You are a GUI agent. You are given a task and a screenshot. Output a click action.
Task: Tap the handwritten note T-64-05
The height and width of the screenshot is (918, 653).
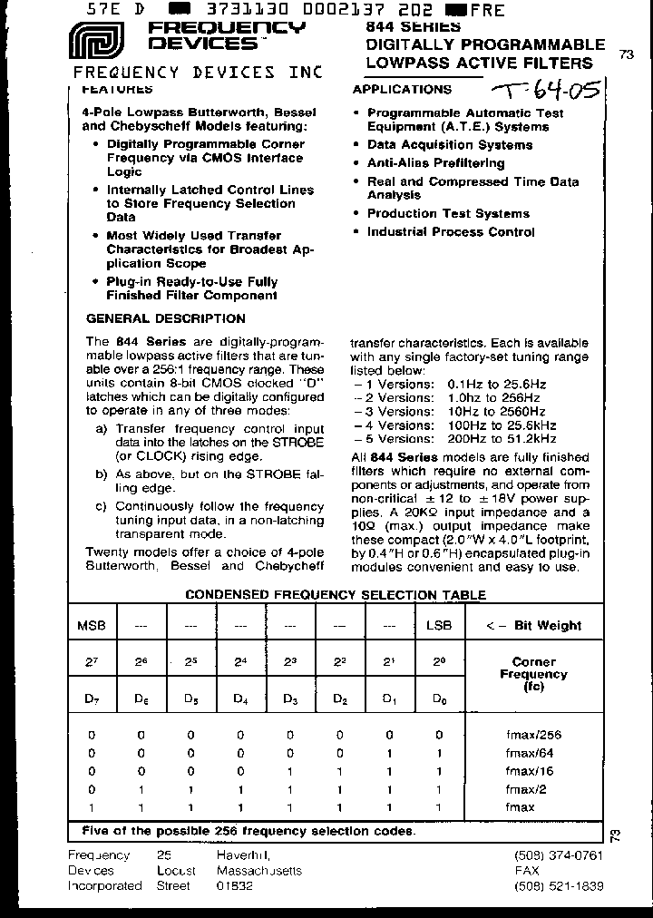coord(543,91)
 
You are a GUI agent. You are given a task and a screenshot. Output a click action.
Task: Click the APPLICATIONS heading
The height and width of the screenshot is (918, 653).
coord(401,89)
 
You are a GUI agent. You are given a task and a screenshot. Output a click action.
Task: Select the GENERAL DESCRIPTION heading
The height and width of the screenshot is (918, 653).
coord(165,318)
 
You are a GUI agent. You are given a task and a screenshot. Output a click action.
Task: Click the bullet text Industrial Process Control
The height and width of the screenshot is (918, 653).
coord(450,231)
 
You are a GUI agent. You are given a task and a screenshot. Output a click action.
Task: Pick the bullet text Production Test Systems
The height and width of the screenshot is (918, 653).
coord(447,213)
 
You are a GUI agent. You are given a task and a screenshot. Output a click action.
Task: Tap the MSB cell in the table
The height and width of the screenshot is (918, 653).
coord(92,626)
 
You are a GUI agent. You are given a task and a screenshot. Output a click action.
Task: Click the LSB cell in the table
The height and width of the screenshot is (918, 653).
coord(439,626)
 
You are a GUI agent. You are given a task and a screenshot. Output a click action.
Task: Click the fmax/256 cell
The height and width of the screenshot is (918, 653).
coord(533,735)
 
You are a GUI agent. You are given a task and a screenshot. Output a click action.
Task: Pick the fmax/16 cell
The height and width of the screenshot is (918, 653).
coord(533,771)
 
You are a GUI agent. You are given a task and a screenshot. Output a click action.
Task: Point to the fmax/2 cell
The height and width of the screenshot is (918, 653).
coord(533,789)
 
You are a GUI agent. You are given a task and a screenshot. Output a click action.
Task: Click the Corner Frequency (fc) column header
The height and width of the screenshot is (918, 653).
coord(533,675)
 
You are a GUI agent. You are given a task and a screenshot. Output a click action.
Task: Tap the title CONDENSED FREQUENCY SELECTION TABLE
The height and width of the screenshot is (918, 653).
coord(336,595)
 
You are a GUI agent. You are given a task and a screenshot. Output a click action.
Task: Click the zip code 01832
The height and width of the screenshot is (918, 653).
coord(235,885)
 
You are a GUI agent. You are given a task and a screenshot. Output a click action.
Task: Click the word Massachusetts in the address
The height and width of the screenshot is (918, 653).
coord(259,871)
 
